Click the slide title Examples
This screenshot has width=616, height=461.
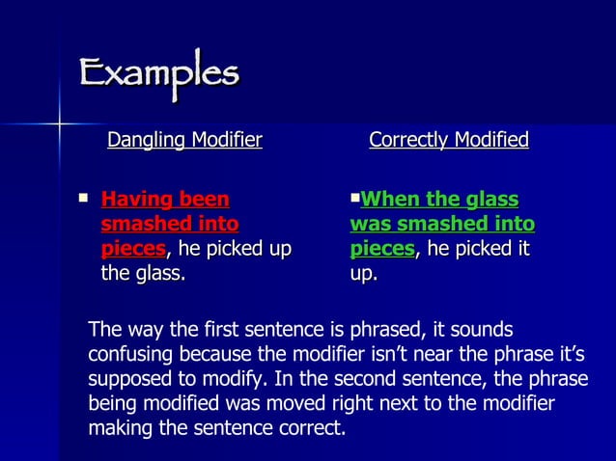pyautogui.click(x=159, y=75)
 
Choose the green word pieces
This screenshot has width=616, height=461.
pyautogui.click(x=381, y=250)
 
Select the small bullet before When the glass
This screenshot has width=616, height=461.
pyautogui.click(x=354, y=198)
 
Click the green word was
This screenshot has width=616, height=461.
pyautogui.click(x=368, y=225)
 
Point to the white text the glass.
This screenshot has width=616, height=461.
pyautogui.click(x=144, y=275)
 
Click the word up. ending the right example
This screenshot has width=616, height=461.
pyautogui.click(x=364, y=275)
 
